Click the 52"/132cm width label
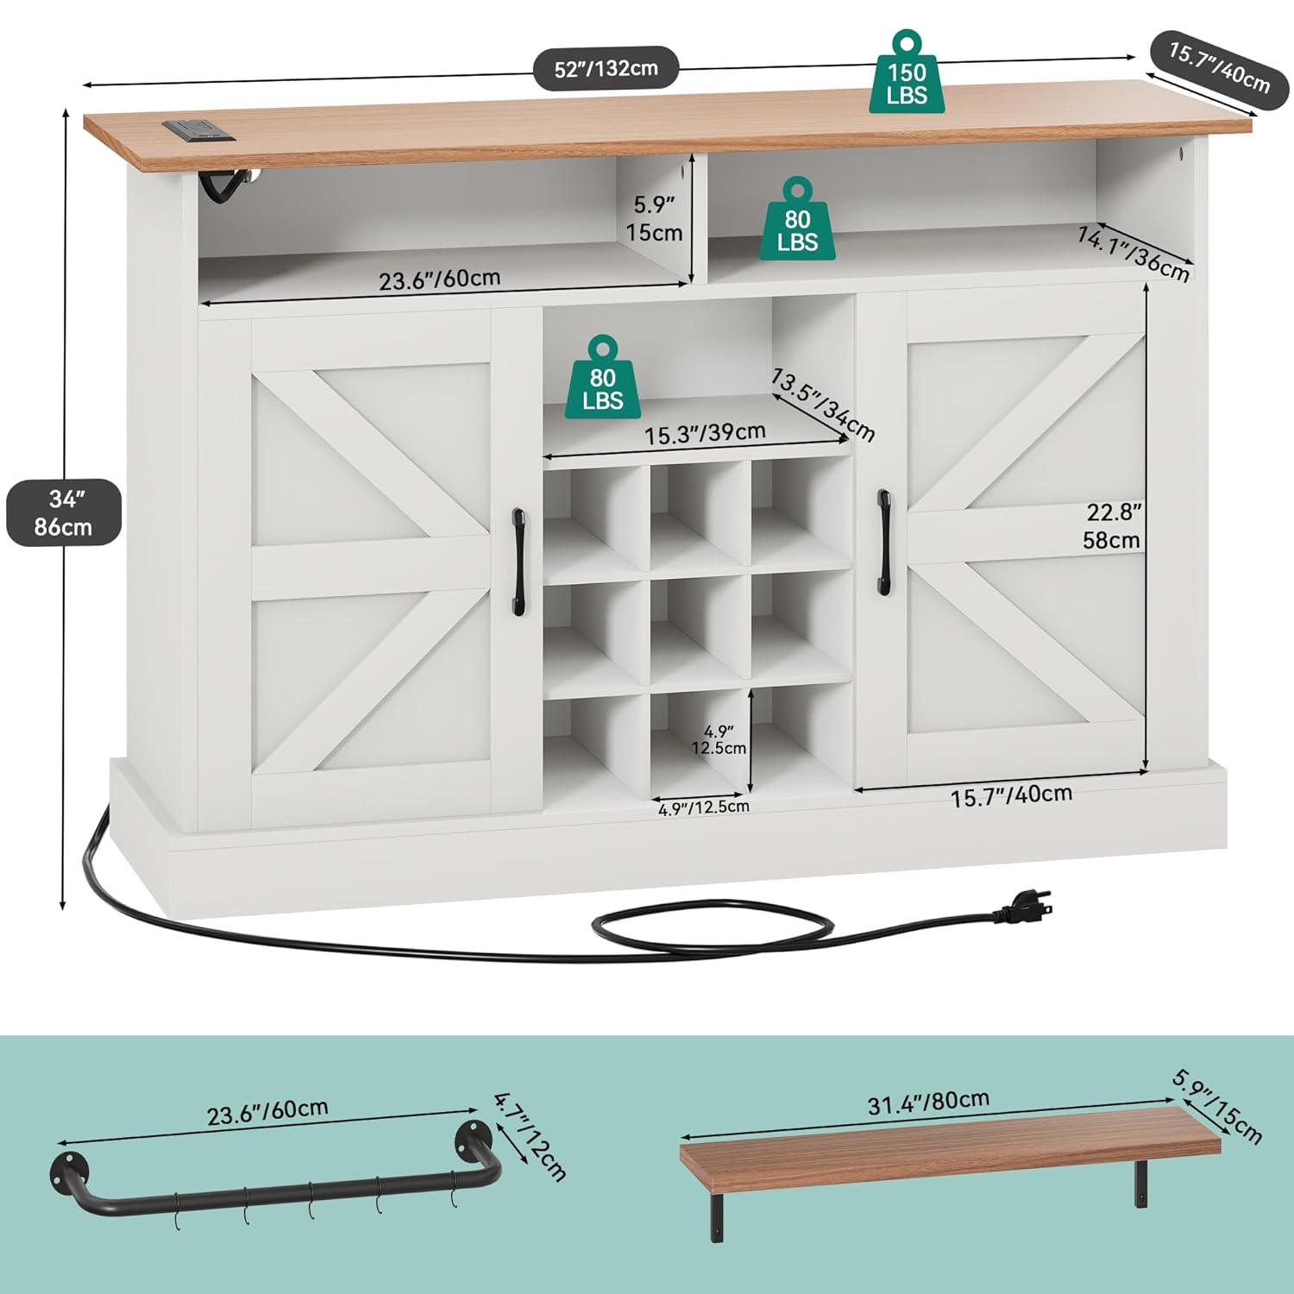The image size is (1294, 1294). pyautogui.click(x=606, y=68)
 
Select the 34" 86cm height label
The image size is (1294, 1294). pyautogui.click(x=63, y=512)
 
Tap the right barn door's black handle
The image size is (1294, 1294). pyautogui.click(x=884, y=542)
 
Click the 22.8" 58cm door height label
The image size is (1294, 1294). pyautogui.click(x=1113, y=526)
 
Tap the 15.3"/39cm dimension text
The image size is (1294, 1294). pyautogui.click(x=705, y=433)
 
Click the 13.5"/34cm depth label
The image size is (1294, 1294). pyautogui.click(x=823, y=404)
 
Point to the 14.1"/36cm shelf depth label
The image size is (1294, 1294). pyautogui.click(x=1134, y=253)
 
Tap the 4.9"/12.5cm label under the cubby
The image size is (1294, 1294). pyautogui.click(x=704, y=807)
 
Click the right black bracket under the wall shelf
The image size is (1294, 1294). pyautogui.click(x=1140, y=1182)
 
